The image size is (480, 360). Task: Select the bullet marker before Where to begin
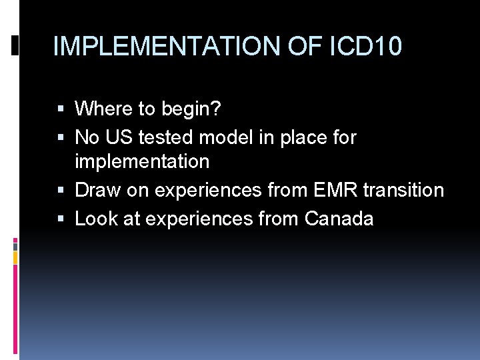click(62, 109)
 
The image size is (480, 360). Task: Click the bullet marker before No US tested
click(62, 138)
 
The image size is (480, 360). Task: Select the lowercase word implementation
click(142, 162)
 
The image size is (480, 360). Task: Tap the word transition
click(403, 191)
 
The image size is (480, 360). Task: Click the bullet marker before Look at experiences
click(62, 219)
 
